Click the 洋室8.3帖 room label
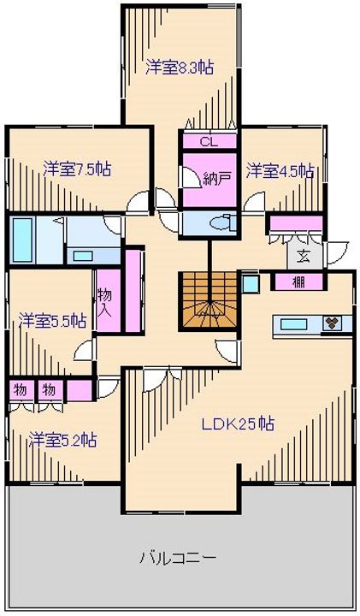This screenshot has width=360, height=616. pos(179,66)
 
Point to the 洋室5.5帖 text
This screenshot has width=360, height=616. pos(52,321)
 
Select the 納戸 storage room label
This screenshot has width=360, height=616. pos(217,179)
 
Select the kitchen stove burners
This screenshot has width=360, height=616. pos(333,323)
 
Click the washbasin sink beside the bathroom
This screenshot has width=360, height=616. pos(83,255)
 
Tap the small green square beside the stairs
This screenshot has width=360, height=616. pos(249,282)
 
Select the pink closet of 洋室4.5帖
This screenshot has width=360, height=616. pos(296,224)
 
